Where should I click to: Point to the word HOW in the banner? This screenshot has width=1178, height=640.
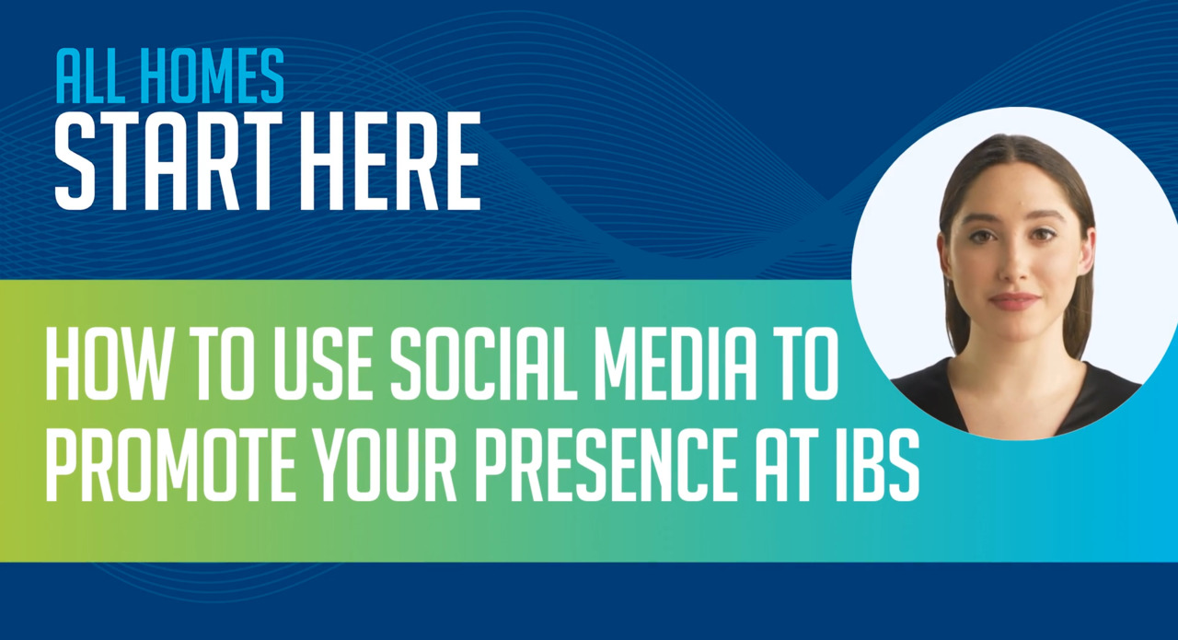coord(100,368)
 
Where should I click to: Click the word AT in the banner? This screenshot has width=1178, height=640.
coord(803,470)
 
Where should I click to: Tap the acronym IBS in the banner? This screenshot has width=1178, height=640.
coord(883,470)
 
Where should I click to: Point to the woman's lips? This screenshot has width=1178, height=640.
coord(1014,301)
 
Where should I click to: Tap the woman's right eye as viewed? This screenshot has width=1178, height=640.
coord(1043,235)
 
